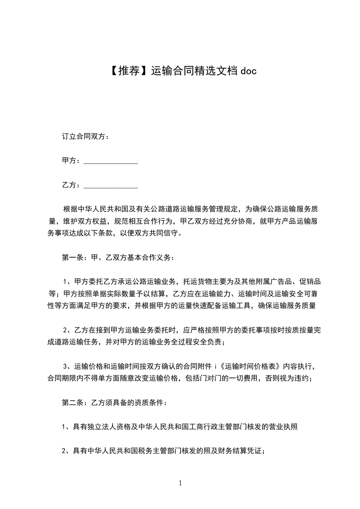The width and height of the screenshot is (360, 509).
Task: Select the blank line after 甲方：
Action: tap(111, 161)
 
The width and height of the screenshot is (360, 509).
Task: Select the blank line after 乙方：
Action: tap(111, 186)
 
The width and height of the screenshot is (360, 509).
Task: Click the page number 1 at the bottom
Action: tap(180, 483)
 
